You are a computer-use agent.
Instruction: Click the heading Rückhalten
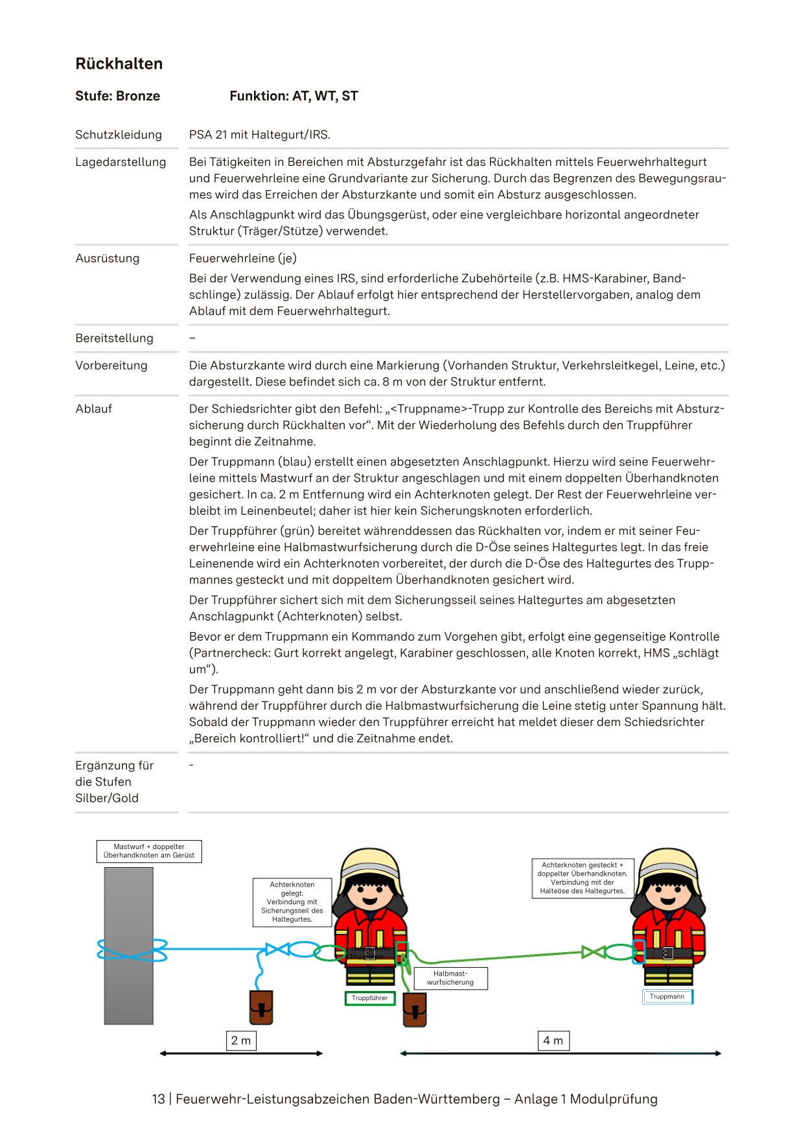pyautogui.click(x=119, y=64)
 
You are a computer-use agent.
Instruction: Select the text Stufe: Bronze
pyautogui.click(x=117, y=96)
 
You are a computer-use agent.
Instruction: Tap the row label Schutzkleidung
pyautogui.click(x=119, y=135)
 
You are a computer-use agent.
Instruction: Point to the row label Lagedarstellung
pyautogui.click(x=121, y=162)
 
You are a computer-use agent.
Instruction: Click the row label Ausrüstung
pyautogui.click(x=107, y=258)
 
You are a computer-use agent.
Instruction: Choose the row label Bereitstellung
pyautogui.click(x=114, y=338)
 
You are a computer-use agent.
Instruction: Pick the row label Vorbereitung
pyautogui.click(x=111, y=365)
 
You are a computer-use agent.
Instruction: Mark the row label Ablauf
pyautogui.click(x=93, y=408)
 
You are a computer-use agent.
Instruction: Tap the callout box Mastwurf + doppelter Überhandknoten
pyautogui.click(x=149, y=851)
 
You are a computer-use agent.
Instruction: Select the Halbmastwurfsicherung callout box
pyautogui.click(x=450, y=978)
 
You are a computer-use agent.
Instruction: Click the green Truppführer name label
pyautogui.click(x=369, y=998)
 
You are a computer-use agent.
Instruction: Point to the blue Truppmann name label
pyautogui.click(x=667, y=997)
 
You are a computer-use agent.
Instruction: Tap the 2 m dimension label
pyautogui.click(x=241, y=1040)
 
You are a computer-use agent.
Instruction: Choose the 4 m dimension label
pyautogui.click(x=553, y=1040)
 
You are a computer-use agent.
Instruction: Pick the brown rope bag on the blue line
pyautogui.click(x=261, y=1007)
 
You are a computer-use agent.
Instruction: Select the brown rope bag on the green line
pyautogui.click(x=414, y=1010)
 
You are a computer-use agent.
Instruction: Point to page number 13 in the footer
pyautogui.click(x=158, y=1099)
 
